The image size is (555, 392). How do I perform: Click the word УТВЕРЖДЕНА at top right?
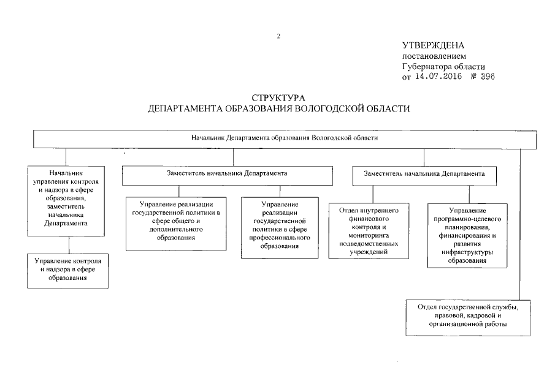[x=433, y=46]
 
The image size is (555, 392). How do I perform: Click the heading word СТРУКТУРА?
[x=278, y=98]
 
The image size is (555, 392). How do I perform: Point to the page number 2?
[x=278, y=36]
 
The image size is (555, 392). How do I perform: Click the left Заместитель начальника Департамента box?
[x=205, y=175]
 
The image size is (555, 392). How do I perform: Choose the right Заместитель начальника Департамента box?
[x=424, y=175]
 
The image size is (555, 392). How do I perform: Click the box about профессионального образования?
[x=280, y=224]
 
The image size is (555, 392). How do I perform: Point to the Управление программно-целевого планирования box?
[x=467, y=235]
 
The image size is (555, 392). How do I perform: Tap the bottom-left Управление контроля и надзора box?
[x=68, y=269]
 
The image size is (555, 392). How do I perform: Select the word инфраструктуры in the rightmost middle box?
[x=467, y=252]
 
